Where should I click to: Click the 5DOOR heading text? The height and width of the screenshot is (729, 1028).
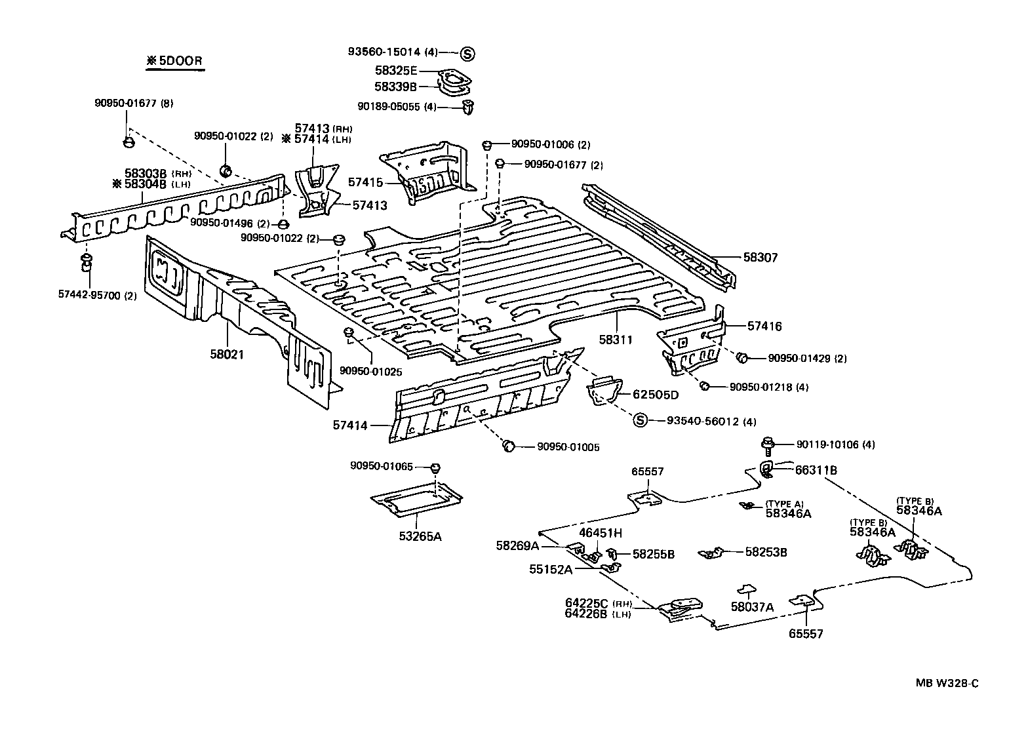(x=174, y=62)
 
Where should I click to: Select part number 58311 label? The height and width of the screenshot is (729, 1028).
(x=615, y=340)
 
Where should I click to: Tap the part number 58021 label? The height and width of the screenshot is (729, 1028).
(x=227, y=354)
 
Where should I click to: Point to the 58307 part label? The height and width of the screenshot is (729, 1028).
(x=760, y=258)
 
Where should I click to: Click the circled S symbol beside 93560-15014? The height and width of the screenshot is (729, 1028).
(x=467, y=53)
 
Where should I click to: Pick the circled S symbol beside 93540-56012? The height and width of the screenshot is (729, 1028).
(x=640, y=421)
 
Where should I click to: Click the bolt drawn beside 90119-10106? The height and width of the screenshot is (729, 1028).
(x=768, y=445)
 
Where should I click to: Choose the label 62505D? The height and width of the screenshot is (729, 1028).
(x=655, y=395)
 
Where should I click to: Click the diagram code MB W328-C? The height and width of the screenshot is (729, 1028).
(x=947, y=683)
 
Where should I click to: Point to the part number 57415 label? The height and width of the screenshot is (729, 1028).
(x=365, y=182)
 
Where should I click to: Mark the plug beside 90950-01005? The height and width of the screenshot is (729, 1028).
(x=508, y=446)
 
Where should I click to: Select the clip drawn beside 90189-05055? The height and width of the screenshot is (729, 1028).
(x=468, y=107)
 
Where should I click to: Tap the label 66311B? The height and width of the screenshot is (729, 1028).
(x=816, y=470)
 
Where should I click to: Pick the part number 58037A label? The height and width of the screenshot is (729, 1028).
(x=752, y=607)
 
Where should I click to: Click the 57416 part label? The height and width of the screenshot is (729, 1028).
(x=764, y=326)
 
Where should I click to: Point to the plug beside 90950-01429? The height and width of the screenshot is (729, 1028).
(x=742, y=358)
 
